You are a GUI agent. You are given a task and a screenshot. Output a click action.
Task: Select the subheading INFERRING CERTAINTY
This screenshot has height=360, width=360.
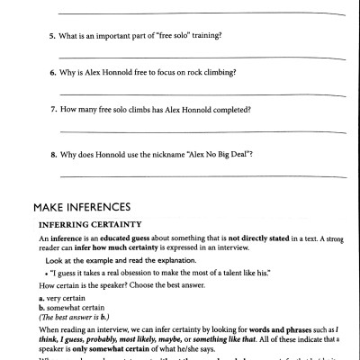click(x=91, y=222)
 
